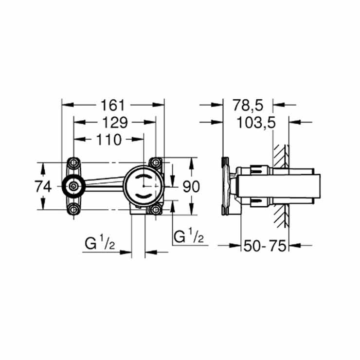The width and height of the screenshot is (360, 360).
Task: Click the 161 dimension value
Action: tap(113, 105)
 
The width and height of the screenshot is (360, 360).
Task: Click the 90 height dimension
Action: tap(191, 186)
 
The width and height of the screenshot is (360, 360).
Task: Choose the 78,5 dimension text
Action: tap(247, 105)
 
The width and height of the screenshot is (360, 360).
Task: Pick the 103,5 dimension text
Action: tap(256, 123)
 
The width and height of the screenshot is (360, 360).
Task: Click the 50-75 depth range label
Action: tap(265, 246)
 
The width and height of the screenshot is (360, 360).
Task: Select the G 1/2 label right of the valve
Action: tap(188, 237)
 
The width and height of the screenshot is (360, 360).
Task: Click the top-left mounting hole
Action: tap(73, 162)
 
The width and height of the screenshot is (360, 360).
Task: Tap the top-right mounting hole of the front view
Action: tap(156, 162)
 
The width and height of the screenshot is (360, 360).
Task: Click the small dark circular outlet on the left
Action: tap(73, 186)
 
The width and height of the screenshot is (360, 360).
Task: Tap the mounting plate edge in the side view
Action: tap(225, 186)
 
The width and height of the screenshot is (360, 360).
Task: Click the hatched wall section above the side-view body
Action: tap(280, 156)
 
